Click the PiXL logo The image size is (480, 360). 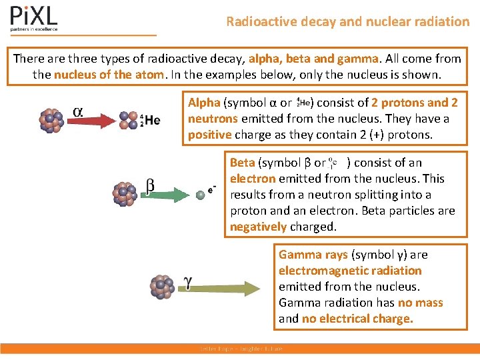coord(34,18)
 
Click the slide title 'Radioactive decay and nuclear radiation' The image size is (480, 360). coord(347,21)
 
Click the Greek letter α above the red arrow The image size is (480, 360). coord(77,111)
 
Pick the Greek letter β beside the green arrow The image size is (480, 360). coord(150,185)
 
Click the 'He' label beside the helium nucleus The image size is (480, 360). coord(152,120)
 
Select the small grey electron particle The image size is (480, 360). coord(200,195)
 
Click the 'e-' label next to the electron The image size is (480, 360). coord(212,189)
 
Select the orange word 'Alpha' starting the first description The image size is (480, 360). coord(204,103)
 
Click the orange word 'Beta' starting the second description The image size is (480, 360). coord(243,163)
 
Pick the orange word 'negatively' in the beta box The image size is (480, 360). coord(258,227)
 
